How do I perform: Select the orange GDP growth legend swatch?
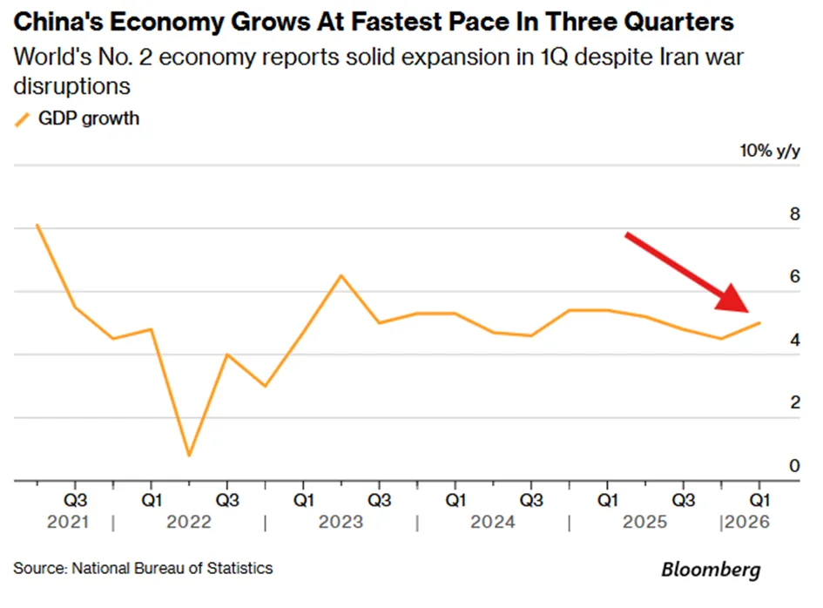click(22, 119)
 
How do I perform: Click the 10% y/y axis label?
click(770, 152)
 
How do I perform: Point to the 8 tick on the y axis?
click(794, 214)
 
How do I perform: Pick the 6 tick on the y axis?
click(794, 277)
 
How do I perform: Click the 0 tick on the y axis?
click(794, 466)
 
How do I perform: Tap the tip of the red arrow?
click(749, 312)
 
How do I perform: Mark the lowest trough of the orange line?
click(189, 456)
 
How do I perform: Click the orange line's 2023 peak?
click(341, 275)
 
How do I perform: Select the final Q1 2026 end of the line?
click(759, 323)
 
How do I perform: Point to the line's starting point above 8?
click(37, 226)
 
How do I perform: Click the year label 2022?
click(189, 523)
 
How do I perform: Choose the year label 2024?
click(493, 523)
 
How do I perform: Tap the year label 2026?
click(747, 523)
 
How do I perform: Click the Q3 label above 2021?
click(76, 500)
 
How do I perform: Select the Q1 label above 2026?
click(759, 500)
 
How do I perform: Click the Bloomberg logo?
click(711, 570)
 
